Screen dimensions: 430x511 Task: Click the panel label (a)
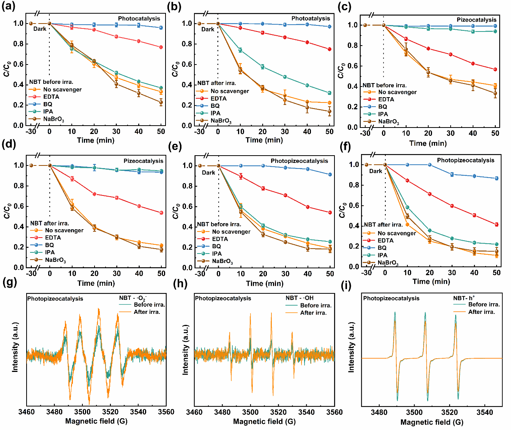8,7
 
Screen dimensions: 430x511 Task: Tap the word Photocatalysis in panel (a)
139,19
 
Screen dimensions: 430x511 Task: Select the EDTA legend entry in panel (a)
51,97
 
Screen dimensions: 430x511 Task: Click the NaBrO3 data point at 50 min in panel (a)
161,102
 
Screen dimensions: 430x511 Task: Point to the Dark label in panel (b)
208,29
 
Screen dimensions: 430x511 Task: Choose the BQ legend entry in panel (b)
215,106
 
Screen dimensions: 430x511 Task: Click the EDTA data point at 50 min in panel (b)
330,49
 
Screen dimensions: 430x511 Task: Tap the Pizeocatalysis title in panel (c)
476,20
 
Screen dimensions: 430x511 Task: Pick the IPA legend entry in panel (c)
383,114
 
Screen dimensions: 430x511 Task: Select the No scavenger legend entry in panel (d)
64,230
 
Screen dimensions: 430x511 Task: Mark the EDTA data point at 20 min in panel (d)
95,194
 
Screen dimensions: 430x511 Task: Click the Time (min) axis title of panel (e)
265,284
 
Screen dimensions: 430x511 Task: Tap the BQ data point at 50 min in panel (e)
330,175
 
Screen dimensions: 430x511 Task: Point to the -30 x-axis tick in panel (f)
366,272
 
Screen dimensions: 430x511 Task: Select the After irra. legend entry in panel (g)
147,312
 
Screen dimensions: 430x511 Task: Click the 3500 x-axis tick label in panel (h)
250,412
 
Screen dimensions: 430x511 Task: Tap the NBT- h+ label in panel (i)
464,298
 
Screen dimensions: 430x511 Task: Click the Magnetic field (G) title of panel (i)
432,422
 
